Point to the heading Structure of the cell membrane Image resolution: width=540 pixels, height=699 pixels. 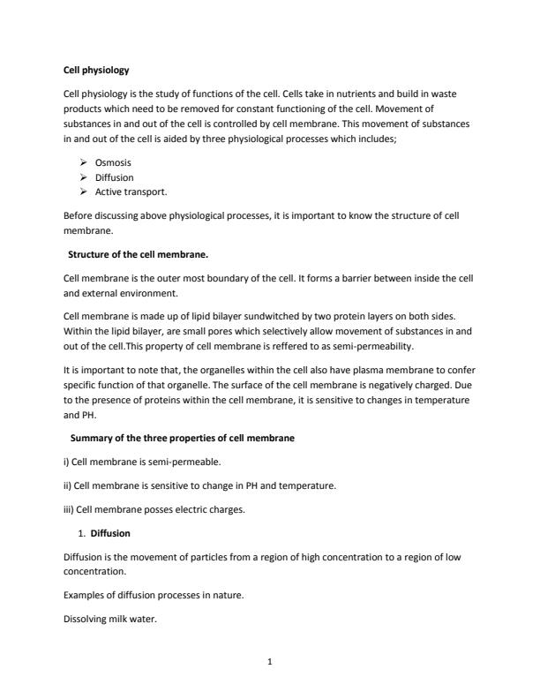pos(139,255)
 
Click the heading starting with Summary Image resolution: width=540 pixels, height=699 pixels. pos(182,438)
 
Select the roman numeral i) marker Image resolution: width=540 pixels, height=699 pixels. pos(67,461)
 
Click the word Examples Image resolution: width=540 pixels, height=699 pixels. pos(84,595)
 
